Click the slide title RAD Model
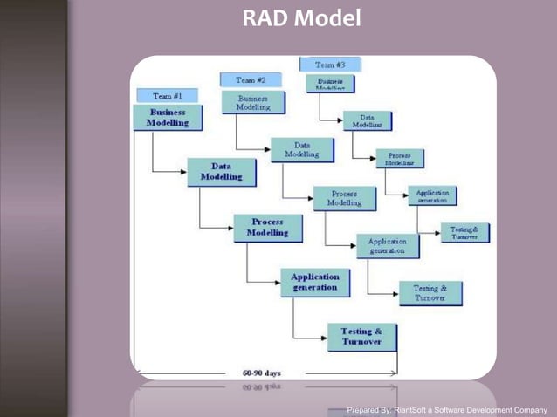coord(301,17)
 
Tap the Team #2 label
coord(251,79)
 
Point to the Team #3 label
coord(330,65)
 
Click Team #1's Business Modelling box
coord(168,118)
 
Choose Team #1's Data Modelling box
coord(221,171)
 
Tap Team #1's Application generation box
coord(315,282)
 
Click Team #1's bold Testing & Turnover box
coord(361,337)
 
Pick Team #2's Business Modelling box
coord(252,103)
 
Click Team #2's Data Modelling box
coord(302,150)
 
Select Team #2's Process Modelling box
coord(344,198)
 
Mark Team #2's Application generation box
coord(388,245)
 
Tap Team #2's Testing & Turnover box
coord(430,293)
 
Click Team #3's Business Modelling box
coord(330,83)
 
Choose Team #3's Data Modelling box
coord(367,120)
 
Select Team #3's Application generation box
coord(432,195)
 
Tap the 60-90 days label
coord(261,373)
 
